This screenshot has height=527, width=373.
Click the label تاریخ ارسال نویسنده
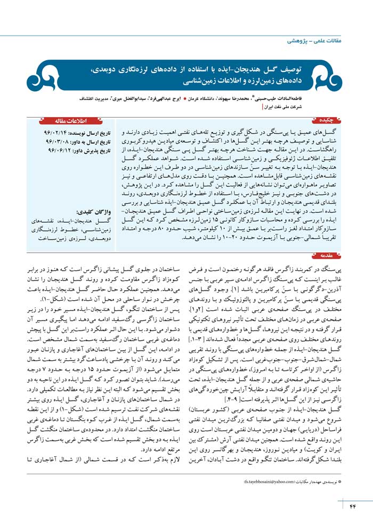[x=92, y=131]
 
